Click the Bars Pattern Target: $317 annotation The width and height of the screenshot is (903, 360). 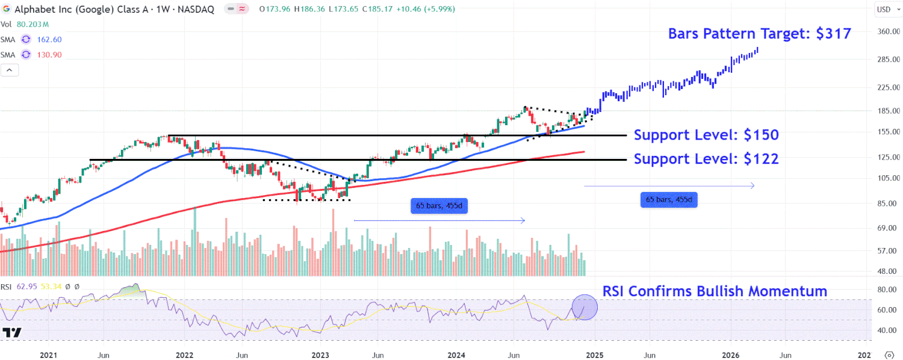[759, 34]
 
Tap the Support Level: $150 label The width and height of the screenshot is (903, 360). [706, 135]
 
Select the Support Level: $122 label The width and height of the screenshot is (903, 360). [706, 159]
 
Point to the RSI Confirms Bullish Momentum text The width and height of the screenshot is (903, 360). [715, 291]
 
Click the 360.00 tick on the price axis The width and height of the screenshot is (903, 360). [887, 31]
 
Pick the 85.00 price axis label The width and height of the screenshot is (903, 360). [887, 203]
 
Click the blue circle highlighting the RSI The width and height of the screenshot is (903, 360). [584, 306]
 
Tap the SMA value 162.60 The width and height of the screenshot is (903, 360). [49, 39]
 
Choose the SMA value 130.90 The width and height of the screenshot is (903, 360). [49, 55]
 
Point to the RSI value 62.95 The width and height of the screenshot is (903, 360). [28, 287]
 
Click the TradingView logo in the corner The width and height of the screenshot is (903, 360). [12, 332]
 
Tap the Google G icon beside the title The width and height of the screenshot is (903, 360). [6, 9]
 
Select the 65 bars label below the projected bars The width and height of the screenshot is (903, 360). [668, 199]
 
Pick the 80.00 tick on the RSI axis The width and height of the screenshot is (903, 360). [885, 290]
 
